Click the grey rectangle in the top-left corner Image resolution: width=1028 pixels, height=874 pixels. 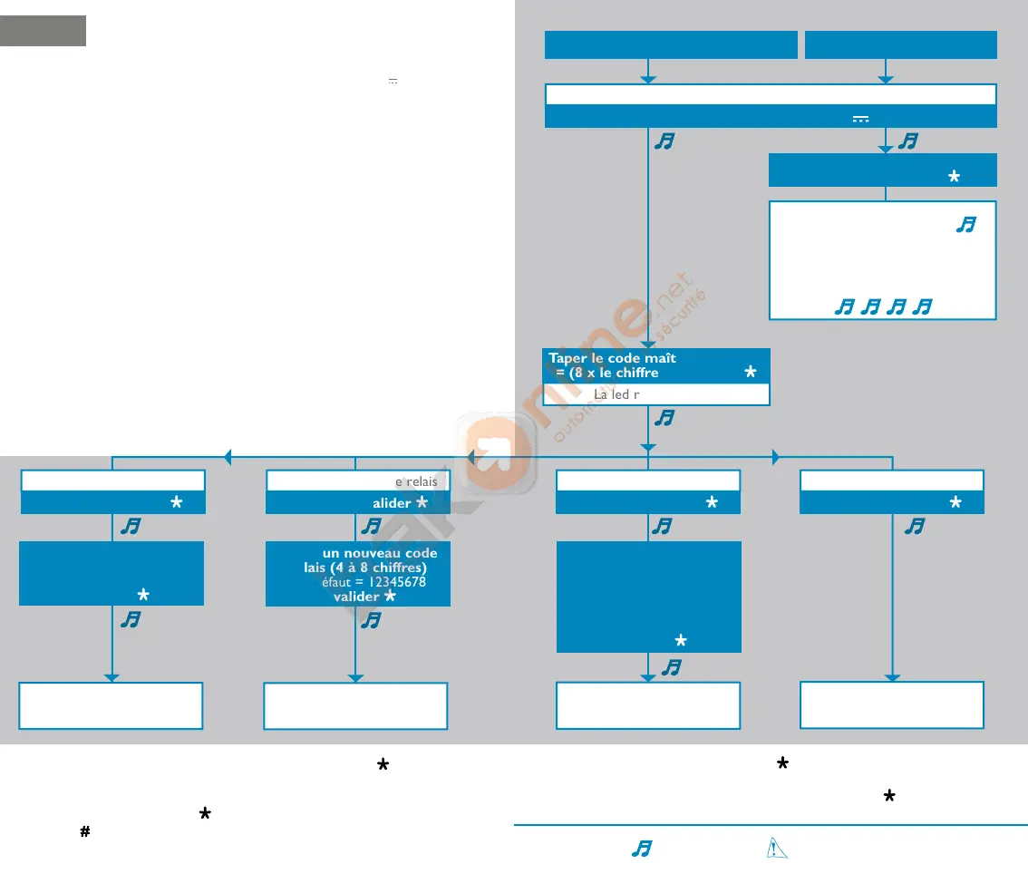pyautogui.click(x=44, y=30)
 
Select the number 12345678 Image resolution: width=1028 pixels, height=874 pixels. pyautogui.click(x=393, y=582)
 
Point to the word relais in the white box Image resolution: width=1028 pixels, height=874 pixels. pyautogui.click(x=422, y=481)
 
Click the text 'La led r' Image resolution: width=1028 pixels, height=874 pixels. pyautogui.click(x=616, y=395)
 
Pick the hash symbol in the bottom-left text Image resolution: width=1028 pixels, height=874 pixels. pyautogui.click(x=85, y=831)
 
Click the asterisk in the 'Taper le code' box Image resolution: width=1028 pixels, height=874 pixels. pyautogui.click(x=750, y=373)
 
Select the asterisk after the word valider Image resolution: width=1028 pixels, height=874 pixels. pyautogui.click(x=390, y=597)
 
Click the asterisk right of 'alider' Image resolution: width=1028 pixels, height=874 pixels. pyautogui.click(x=422, y=503)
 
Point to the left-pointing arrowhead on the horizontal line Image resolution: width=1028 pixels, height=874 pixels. pyautogui.click(x=228, y=458)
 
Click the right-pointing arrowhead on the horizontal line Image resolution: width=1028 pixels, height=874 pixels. pyautogui.click(x=775, y=458)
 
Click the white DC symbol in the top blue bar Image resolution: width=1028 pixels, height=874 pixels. pyautogui.click(x=860, y=118)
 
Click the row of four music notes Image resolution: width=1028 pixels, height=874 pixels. pyautogui.click(x=883, y=308)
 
